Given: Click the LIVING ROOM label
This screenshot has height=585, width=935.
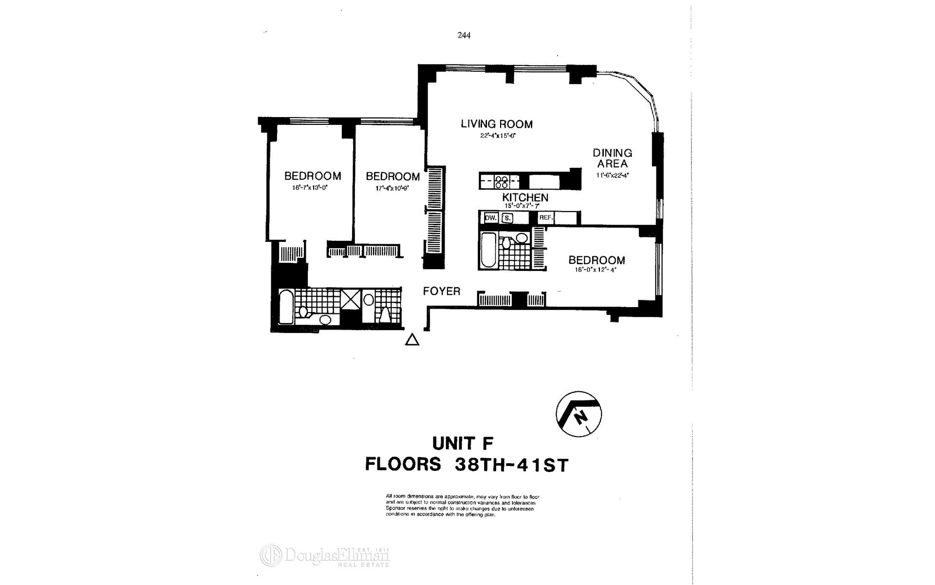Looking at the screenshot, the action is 497,124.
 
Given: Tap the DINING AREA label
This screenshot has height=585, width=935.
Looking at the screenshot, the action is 612,158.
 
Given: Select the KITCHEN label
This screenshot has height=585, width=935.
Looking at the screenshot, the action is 525,197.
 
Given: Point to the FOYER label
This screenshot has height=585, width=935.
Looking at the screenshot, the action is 441,292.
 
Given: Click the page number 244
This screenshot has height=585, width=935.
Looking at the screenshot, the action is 464,35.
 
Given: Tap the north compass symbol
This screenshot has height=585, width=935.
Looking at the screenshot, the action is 579,414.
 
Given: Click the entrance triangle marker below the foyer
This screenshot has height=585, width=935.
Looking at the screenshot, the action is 412,340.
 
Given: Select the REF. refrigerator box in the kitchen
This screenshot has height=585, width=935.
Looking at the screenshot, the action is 546,218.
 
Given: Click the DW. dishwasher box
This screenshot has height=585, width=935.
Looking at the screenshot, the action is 490,218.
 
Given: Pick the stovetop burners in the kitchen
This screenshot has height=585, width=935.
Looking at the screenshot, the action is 502,182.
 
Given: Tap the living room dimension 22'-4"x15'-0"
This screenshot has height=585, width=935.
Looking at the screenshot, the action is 497,136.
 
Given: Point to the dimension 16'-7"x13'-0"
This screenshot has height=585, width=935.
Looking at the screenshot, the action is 313,187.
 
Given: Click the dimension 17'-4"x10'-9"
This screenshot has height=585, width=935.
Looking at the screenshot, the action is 392,188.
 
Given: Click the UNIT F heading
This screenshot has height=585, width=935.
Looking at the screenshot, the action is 463,444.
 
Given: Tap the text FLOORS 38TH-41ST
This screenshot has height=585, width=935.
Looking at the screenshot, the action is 467,464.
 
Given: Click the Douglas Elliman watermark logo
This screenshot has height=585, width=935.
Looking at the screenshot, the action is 325,556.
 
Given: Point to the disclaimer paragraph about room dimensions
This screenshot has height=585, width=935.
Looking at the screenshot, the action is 463,506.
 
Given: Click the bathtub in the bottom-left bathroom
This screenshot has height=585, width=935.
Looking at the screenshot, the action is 286,307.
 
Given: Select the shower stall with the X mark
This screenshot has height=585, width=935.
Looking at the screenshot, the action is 350,299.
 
